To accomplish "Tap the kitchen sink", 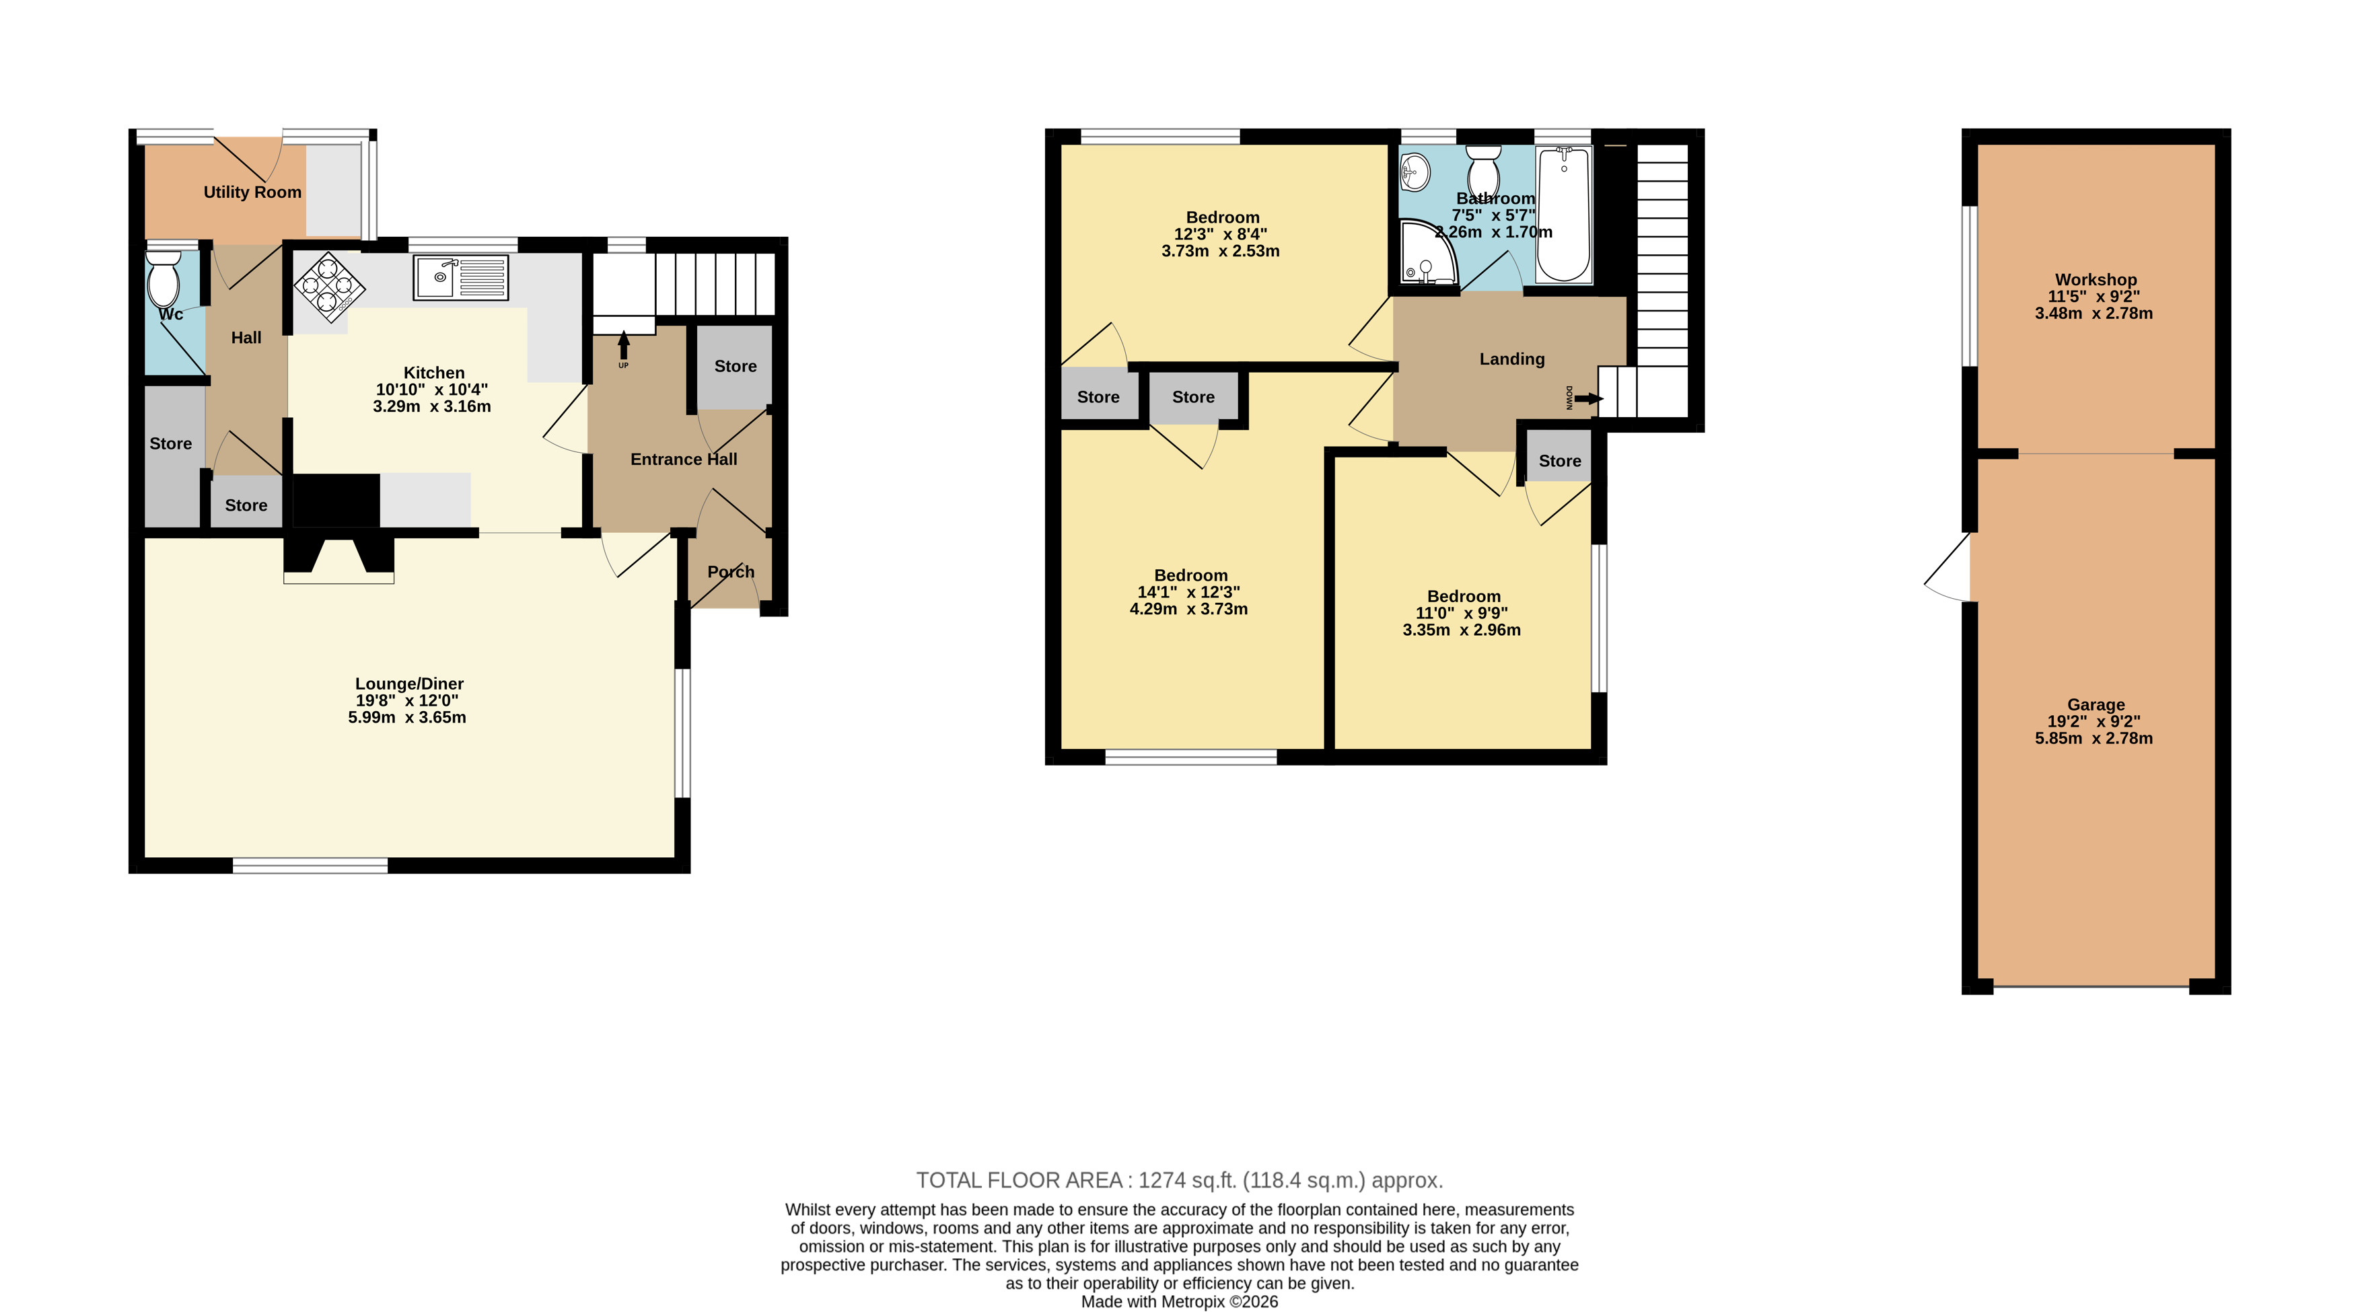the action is click(461, 278).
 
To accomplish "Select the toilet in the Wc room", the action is click(163, 279).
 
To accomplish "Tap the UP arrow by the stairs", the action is click(624, 347).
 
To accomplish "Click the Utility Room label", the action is click(252, 192).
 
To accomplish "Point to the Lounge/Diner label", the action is click(410, 684).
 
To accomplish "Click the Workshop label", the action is click(2096, 279).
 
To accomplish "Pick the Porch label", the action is click(731, 572).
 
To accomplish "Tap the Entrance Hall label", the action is click(684, 459).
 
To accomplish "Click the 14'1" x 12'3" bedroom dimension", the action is click(1189, 593).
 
